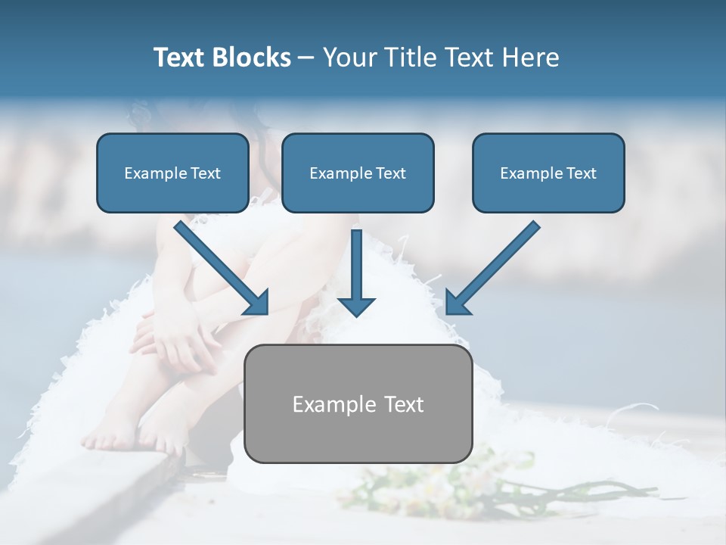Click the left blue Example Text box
click(172, 173)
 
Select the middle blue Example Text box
click(358, 173)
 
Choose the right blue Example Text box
click(548, 173)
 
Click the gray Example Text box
click(358, 403)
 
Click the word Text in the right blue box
click(581, 173)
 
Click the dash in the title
click(306, 58)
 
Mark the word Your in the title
click(348, 58)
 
